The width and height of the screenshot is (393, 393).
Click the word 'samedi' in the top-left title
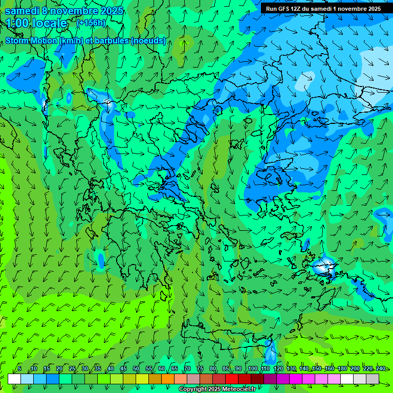(x=23, y=11)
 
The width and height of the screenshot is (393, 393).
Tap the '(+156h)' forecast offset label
(x=91, y=23)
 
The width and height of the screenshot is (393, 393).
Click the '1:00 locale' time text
(x=36, y=23)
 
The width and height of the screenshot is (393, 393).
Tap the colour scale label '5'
(x=19, y=368)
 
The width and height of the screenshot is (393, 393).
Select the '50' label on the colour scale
(x=136, y=368)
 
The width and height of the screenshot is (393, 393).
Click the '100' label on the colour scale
(x=252, y=368)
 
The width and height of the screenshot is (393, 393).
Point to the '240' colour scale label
(x=381, y=368)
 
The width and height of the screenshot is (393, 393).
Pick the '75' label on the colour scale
(x=200, y=368)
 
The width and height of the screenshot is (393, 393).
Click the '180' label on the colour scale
(x=342, y=368)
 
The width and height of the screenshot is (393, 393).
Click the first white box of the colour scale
(x=14, y=379)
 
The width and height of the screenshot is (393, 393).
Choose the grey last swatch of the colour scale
(x=373, y=379)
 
